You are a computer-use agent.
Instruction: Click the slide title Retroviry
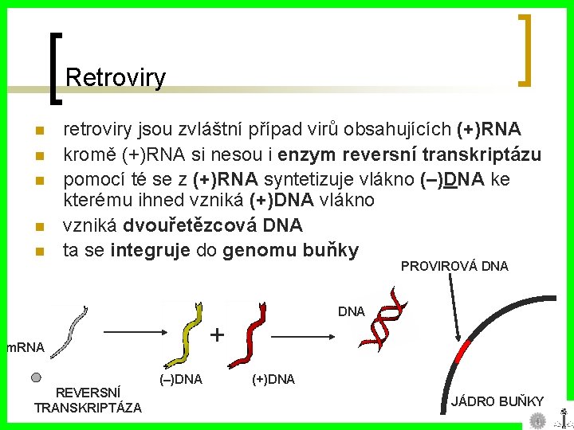(116, 77)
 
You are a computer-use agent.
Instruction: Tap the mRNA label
(24, 346)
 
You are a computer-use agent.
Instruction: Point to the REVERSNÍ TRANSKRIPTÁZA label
(88, 400)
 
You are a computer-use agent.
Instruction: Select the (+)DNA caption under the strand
(273, 379)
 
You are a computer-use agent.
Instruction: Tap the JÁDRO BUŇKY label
(497, 401)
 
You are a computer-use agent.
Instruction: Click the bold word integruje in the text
(149, 251)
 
